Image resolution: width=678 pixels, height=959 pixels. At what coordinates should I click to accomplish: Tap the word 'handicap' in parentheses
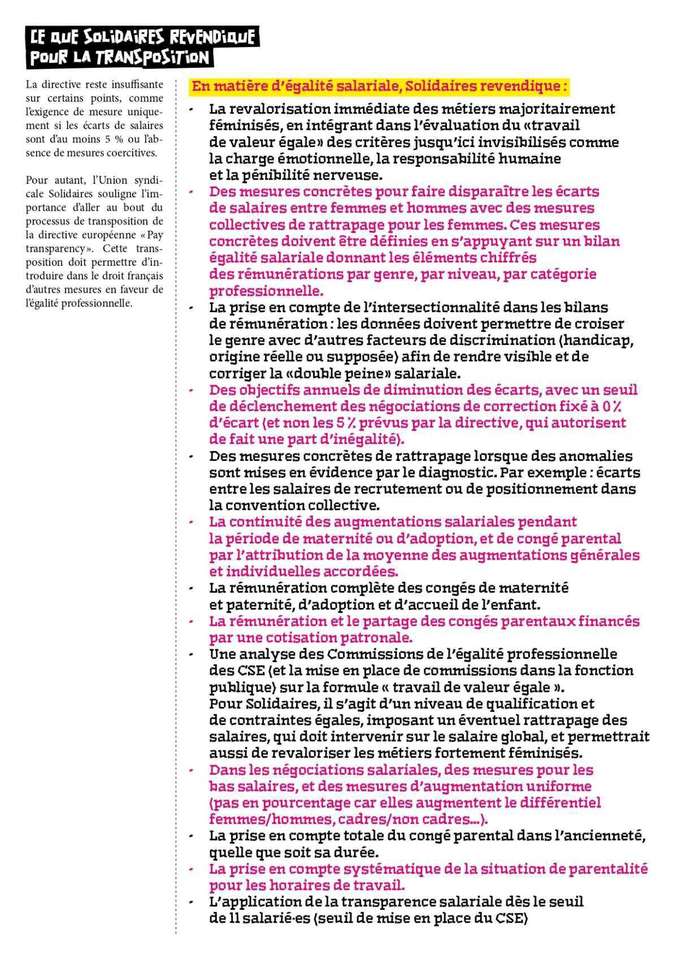pyautogui.click(x=601, y=340)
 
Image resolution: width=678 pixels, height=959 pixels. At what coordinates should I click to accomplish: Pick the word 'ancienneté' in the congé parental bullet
pyautogui.click(x=611, y=836)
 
